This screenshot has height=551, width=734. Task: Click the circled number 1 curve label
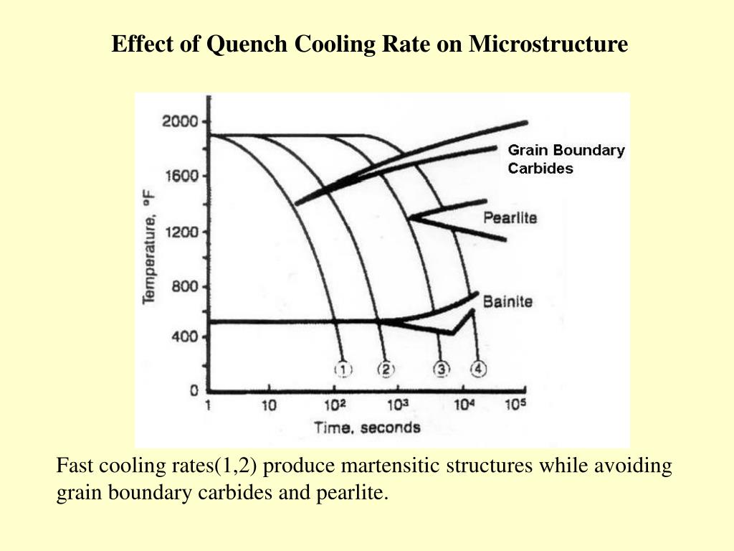click(343, 369)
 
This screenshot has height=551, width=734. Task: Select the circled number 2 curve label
click(386, 369)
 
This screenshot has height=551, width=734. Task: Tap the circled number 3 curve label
click(442, 369)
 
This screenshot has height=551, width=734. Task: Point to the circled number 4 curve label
click(478, 369)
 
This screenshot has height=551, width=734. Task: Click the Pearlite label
click(510, 217)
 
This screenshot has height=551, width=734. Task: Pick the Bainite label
click(507, 301)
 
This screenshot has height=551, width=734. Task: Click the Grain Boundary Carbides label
click(566, 159)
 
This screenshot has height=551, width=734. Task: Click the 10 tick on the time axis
click(269, 405)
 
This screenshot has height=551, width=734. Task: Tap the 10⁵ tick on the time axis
click(515, 405)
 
